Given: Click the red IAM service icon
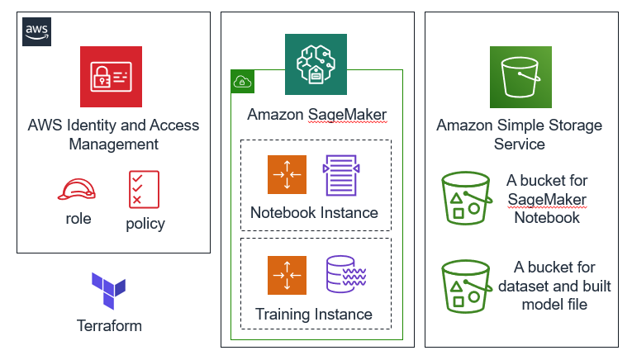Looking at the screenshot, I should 112,77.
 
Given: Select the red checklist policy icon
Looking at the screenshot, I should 144,189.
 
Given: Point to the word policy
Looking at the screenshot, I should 145,224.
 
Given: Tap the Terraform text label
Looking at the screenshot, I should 109,325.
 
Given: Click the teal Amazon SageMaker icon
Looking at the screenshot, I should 316,65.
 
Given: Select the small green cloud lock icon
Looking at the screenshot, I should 243,81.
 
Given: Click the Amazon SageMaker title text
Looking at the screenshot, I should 316,115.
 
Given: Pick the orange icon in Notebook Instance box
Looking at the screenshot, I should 287,175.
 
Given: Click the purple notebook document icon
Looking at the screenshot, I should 342,175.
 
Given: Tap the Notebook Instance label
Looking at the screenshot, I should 314,212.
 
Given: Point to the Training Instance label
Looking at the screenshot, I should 314,314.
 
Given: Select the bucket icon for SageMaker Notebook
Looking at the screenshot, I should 466,197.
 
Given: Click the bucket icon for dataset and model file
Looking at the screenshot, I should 466,285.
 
